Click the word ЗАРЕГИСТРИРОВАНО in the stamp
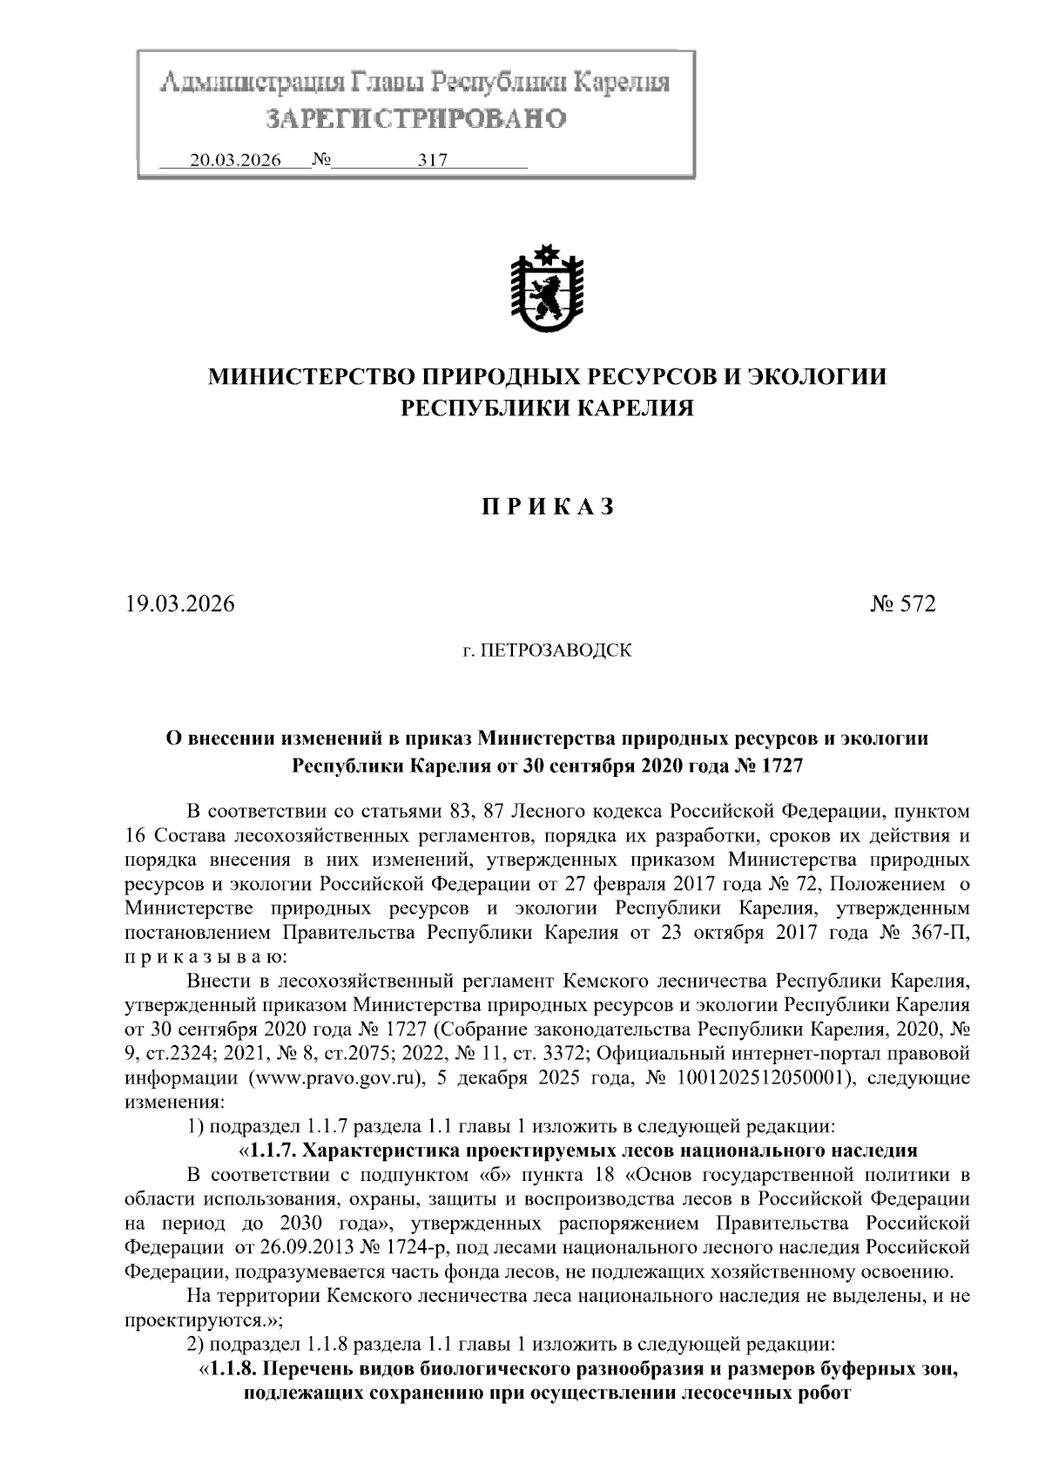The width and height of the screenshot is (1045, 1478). pyautogui.click(x=415, y=118)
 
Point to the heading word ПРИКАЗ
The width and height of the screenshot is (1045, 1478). pyautogui.click(x=548, y=507)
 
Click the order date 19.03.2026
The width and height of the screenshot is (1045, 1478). pyautogui.click(x=179, y=604)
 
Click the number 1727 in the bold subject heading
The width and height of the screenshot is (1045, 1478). pyautogui.click(x=781, y=766)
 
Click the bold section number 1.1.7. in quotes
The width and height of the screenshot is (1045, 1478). pyautogui.click(x=277, y=1148)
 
